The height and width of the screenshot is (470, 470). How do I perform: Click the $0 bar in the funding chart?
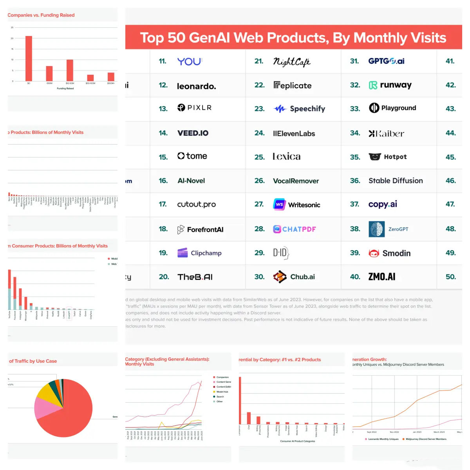[29, 59]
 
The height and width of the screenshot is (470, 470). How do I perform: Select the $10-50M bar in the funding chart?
[70, 70]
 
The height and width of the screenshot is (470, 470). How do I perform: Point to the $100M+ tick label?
[111, 83]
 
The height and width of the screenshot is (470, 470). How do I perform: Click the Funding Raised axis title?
[65, 89]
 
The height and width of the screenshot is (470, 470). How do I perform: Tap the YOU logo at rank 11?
[190, 61]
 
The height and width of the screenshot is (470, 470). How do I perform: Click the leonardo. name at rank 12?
[196, 86]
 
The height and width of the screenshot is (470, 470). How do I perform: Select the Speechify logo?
[300, 109]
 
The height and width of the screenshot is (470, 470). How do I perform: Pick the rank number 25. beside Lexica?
[259, 157]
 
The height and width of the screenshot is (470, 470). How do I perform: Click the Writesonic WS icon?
[279, 204]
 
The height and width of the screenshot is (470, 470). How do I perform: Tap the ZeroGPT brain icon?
[376, 229]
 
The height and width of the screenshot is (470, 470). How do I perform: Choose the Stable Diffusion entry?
[396, 181]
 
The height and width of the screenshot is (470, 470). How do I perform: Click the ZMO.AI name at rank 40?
[381, 277]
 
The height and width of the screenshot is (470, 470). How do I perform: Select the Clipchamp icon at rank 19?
[183, 253]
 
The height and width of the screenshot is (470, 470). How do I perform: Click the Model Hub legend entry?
[222, 392]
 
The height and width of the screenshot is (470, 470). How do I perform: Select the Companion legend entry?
[222, 377]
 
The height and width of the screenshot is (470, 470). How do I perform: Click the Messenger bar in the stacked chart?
[26, 303]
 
